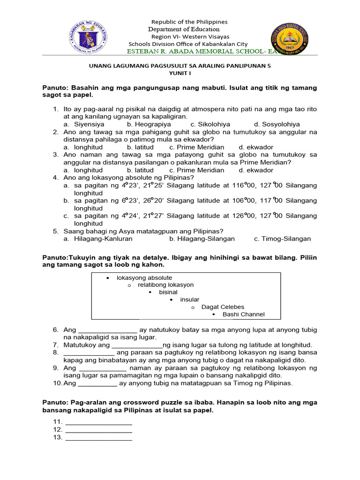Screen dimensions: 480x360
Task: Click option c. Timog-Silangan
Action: coord(282,239)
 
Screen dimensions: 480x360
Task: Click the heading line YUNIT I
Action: coord(180,74)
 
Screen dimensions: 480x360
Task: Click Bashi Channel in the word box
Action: coord(243,314)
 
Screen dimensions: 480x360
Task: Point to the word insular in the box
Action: coord(190,300)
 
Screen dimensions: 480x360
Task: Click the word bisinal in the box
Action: coord(168,292)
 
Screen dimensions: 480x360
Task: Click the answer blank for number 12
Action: coord(99,429)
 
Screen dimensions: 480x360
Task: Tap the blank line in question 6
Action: coord(107,330)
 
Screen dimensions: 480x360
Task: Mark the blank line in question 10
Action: coord(97,383)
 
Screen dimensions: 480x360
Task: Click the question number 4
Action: coord(55,177)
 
